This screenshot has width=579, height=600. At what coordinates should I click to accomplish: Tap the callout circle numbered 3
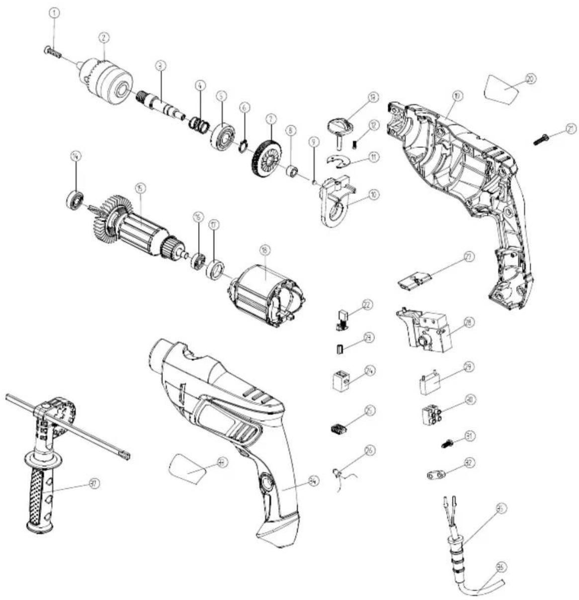[x=160, y=65]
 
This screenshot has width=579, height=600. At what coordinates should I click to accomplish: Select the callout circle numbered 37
[x=92, y=482]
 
